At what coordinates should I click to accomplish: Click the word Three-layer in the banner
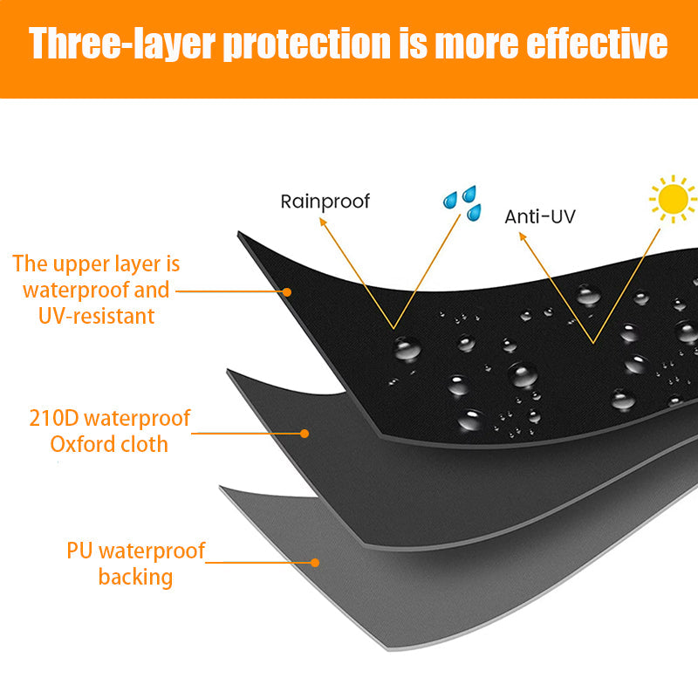pyautogui.click(x=122, y=43)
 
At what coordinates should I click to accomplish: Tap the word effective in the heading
pyautogui.click(x=597, y=43)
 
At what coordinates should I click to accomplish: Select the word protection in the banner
pyautogui.click(x=307, y=43)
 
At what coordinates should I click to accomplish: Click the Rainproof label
pyautogui.click(x=325, y=202)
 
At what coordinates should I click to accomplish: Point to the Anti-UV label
pyautogui.click(x=540, y=216)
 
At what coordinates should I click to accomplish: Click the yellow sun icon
pyautogui.click(x=673, y=199)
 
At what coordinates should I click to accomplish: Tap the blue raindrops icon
pyautogui.click(x=463, y=203)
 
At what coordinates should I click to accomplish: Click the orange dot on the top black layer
pyautogui.click(x=287, y=292)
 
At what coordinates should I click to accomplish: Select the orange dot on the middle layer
pyautogui.click(x=305, y=434)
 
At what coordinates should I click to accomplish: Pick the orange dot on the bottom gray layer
pyautogui.click(x=315, y=563)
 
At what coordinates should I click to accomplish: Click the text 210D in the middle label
pyautogui.click(x=54, y=419)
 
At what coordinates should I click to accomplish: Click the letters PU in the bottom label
pyautogui.click(x=79, y=551)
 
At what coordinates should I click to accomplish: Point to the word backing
pyautogui.click(x=135, y=578)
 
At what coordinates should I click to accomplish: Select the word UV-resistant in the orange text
pyautogui.click(x=96, y=316)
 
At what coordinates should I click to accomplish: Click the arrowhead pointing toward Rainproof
pyautogui.click(x=322, y=222)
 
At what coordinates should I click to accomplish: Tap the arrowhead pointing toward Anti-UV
pyautogui.click(x=522, y=236)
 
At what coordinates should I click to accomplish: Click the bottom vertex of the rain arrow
pyautogui.click(x=393, y=329)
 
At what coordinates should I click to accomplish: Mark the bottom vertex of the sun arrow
pyautogui.click(x=593, y=343)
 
